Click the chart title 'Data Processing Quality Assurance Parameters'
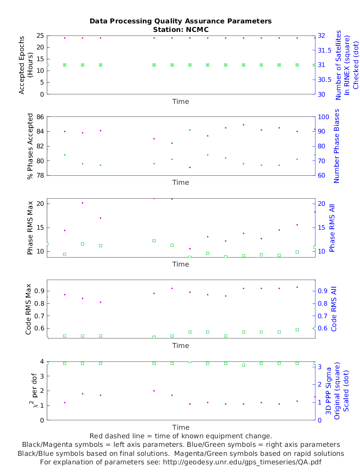(x=180, y=21)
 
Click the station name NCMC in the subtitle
(x=197, y=29)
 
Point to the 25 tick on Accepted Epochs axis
(x=40, y=36)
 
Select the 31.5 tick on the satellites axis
(x=324, y=50)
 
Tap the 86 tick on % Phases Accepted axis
(x=40, y=117)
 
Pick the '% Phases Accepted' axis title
(x=30, y=146)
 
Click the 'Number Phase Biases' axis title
(x=336, y=146)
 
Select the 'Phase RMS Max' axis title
(x=30, y=228)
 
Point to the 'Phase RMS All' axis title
(x=333, y=228)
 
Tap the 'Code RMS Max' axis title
(x=28, y=309)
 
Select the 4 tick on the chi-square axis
(x=41, y=361)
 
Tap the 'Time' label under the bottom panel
(x=180, y=427)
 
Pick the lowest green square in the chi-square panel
(x=243, y=365)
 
